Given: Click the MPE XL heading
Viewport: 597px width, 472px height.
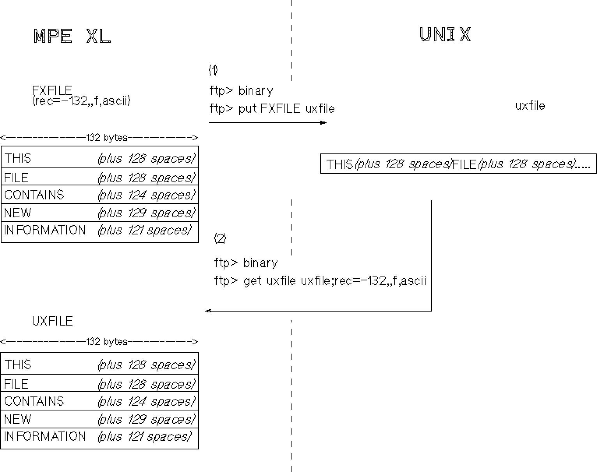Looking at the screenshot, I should [x=72, y=37].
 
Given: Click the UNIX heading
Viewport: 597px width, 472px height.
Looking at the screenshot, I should [x=445, y=35].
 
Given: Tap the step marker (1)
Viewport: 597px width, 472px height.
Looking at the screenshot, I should [x=213, y=70].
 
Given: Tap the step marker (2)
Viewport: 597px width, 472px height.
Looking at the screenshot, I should [x=220, y=239].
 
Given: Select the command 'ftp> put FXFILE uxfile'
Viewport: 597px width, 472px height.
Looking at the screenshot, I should [x=272, y=109].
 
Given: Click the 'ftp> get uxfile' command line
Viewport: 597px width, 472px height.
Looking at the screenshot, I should [x=320, y=281].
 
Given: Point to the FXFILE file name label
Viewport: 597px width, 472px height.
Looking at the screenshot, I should [x=52, y=90].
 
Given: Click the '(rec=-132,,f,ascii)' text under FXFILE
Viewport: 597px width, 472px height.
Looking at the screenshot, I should [x=81, y=101].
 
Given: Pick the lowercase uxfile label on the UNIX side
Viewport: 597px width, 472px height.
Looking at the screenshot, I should [x=530, y=106].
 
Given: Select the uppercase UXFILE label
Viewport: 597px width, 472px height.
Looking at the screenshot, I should [x=52, y=321].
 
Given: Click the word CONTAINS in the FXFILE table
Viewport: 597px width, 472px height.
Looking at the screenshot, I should [x=34, y=195].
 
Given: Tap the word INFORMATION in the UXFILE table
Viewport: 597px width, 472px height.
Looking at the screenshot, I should [x=45, y=437].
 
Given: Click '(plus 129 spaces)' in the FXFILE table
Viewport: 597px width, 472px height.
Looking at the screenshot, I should [x=146, y=213].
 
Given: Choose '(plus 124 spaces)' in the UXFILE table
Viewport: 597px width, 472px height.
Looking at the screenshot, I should [x=146, y=402].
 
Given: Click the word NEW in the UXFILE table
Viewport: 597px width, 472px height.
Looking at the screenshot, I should [x=18, y=419].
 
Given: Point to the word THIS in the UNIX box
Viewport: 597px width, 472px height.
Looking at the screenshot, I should [x=339, y=164].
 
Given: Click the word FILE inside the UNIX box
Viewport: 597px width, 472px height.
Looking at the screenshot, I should [x=465, y=164].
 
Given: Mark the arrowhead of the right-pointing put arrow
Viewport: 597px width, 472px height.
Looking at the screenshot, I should [x=323, y=123].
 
